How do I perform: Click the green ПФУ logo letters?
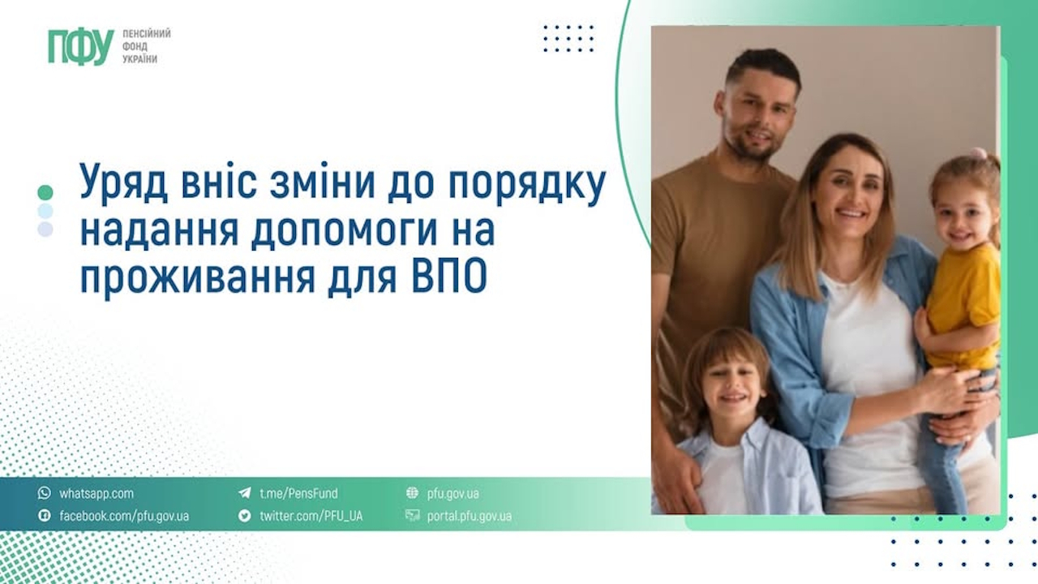click(80, 47)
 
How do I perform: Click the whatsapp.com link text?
click(97, 493)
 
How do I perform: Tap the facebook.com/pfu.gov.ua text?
click(124, 516)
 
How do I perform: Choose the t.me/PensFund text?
click(298, 493)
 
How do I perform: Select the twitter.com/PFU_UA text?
click(311, 516)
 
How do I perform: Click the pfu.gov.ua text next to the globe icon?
click(453, 493)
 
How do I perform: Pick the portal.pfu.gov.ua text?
click(469, 516)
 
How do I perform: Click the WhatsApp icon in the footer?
click(44, 493)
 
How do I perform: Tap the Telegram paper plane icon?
click(244, 493)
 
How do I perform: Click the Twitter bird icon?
click(244, 516)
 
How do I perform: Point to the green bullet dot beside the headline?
click(45, 192)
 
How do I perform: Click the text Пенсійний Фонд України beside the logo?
click(146, 47)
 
